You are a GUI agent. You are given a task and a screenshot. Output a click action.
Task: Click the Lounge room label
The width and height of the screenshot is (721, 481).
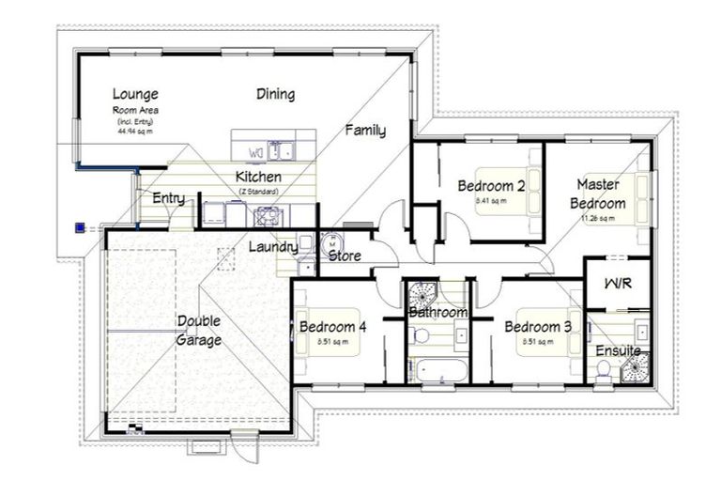click(x=135, y=94)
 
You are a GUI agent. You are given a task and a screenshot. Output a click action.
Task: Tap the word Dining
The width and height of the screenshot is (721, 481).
click(x=275, y=94)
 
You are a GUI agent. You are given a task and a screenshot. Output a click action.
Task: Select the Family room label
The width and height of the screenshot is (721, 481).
click(x=364, y=131)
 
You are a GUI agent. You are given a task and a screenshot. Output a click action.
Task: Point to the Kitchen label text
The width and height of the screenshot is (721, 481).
click(x=258, y=177)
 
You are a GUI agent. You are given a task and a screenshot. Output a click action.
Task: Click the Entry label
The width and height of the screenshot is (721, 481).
click(x=168, y=198)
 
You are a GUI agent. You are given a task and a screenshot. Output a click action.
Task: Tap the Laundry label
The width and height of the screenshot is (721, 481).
click(x=273, y=247)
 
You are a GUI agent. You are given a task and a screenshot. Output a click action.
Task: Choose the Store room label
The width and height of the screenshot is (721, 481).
click(x=345, y=255)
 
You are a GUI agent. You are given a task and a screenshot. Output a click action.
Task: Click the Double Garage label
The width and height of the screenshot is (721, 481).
click(x=199, y=331)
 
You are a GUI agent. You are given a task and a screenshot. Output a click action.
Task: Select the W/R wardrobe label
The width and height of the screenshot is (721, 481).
click(x=617, y=284)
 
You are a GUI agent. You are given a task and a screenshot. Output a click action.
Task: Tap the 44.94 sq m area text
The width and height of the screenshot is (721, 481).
click(x=135, y=132)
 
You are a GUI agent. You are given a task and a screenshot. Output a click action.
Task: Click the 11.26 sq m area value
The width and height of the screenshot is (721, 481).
click(x=598, y=219)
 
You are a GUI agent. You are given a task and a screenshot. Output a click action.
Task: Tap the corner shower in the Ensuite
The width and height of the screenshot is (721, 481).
click(x=634, y=365)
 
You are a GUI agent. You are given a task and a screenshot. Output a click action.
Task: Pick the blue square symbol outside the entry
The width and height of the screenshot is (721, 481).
click(x=81, y=226)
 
